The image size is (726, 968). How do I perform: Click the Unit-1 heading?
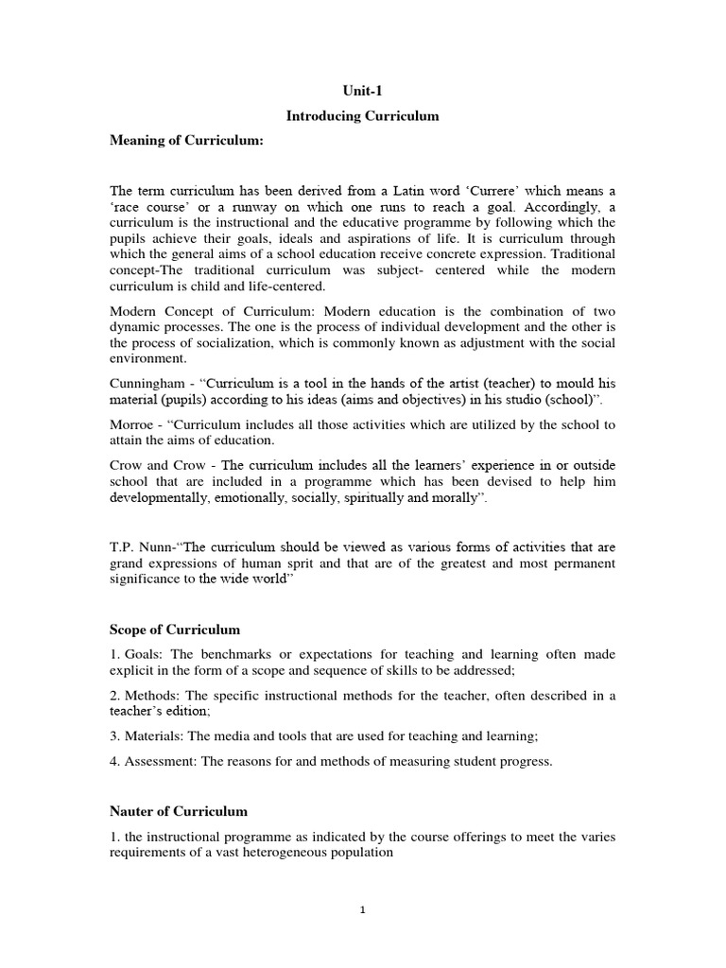click(363, 90)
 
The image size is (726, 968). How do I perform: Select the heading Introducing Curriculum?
click(363, 115)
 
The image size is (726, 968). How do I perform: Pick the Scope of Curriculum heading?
click(175, 629)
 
